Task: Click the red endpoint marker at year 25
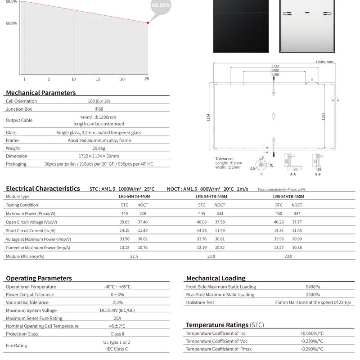pos(148,22)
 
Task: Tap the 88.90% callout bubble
pos(161,5)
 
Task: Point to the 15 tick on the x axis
pos(98,79)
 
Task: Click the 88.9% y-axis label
pos(11,23)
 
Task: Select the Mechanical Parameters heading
pos(41,93)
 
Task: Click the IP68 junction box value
pos(99,109)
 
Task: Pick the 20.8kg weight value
pos(99,148)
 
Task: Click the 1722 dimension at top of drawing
pos(274,66)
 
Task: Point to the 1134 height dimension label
pos(208,117)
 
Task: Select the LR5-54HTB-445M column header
pos(211,197)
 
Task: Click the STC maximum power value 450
pos(279,213)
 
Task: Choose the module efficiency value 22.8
pos(211,256)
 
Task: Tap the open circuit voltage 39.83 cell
pos(125,222)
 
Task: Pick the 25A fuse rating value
pos(117,318)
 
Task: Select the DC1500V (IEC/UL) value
pos(117,310)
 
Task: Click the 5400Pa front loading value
pos(313,287)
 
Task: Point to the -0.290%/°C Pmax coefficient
pos(312,349)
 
